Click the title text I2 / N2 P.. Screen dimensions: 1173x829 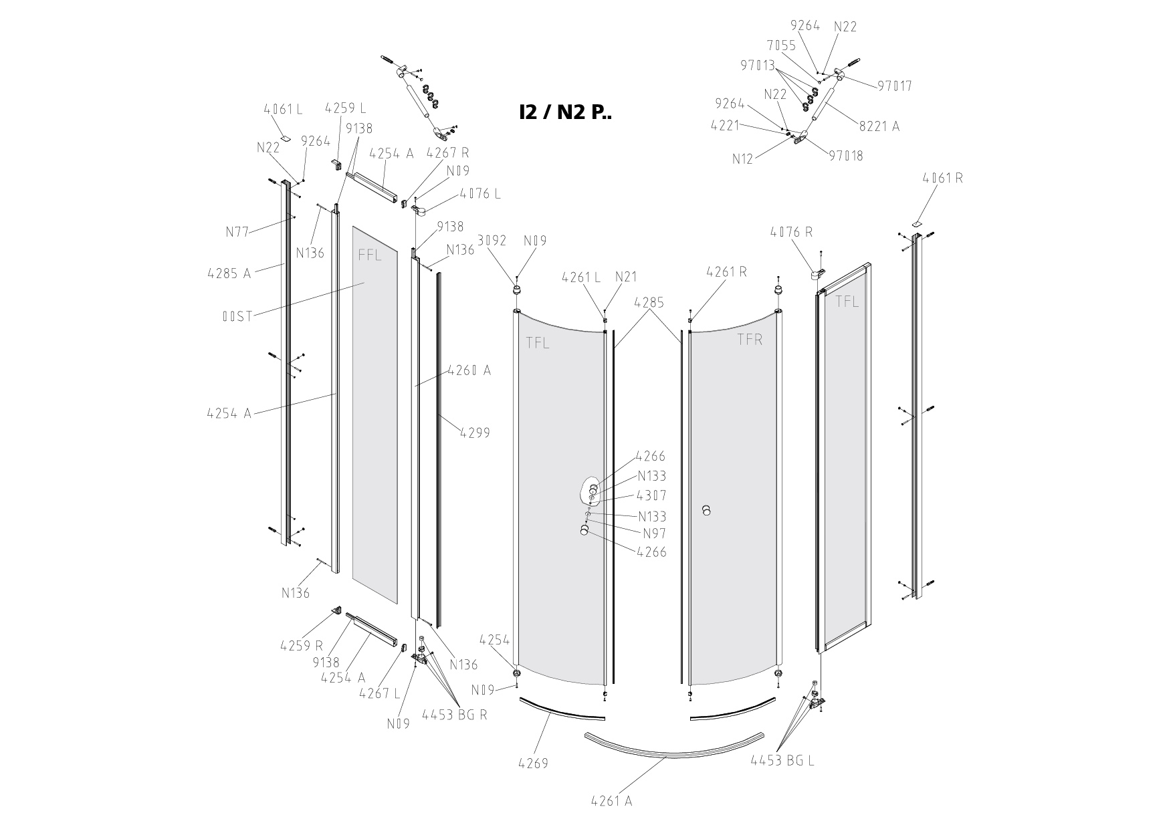coord(565,112)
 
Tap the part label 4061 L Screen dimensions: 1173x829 coord(283,108)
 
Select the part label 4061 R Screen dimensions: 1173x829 coord(943,178)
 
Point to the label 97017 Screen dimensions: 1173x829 coord(895,86)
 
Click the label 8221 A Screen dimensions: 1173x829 coord(879,125)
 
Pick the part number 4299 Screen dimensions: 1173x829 coord(475,433)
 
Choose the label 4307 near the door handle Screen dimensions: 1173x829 coord(651,495)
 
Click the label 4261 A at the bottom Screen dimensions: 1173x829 coord(611,800)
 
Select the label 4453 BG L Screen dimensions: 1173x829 coord(782,760)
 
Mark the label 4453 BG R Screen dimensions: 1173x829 coord(454,714)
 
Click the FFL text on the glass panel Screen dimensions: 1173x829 coord(370,255)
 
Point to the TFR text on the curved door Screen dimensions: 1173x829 coord(750,340)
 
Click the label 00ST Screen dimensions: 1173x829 coord(237,316)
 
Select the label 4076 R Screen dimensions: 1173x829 coord(791,232)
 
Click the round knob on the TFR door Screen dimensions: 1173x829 coord(706,511)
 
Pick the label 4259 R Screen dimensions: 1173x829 coord(301,645)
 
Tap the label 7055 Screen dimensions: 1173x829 coord(781,45)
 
